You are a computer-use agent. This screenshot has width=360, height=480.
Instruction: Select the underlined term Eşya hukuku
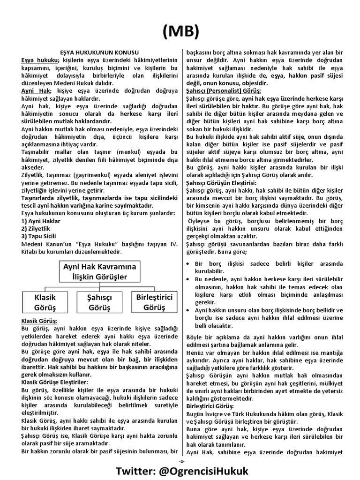pyautogui.click(x=39, y=60)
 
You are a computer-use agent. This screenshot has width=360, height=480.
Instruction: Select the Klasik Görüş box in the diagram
pyautogui.click(x=45, y=302)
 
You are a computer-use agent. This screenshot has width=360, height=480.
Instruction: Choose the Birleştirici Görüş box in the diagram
pyautogui.click(x=154, y=302)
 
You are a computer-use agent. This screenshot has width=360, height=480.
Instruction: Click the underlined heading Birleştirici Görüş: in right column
pyautogui.click(x=210, y=405)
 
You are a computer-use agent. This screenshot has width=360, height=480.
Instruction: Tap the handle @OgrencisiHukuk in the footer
pyautogui.click(x=215, y=471)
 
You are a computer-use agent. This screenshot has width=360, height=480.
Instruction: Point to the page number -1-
pyautogui.click(x=180, y=461)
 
